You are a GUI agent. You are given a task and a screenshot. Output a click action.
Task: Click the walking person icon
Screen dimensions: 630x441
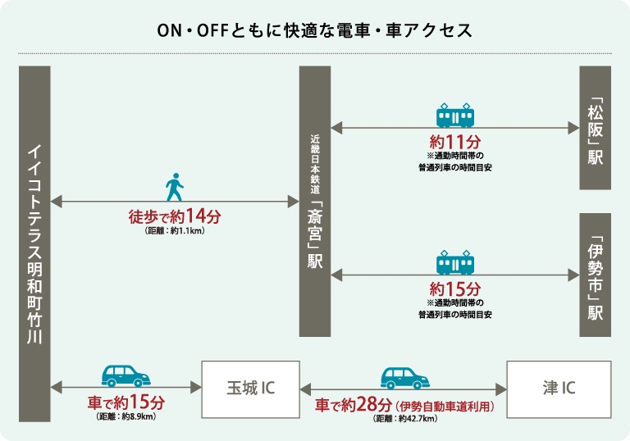tap(175, 187)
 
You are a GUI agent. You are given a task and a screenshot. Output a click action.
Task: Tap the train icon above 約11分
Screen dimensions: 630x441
tap(455, 116)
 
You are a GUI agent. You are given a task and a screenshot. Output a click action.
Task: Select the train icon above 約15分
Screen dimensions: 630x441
tap(455, 262)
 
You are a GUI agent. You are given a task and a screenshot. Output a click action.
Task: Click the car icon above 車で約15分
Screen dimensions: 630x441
tap(126, 376)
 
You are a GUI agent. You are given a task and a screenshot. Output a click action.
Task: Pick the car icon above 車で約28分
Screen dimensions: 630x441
tap(405, 378)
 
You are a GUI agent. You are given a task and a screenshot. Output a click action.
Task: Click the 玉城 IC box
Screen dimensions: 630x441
tap(251, 389)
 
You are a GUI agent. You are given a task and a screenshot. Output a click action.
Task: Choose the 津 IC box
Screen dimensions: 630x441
tap(559, 389)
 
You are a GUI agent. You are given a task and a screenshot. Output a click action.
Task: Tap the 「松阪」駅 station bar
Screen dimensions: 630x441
tap(595, 128)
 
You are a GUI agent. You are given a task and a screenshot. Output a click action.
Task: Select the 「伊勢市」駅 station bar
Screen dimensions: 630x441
tap(595, 275)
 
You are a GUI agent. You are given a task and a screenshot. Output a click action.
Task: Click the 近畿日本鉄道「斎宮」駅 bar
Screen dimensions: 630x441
tap(315, 201)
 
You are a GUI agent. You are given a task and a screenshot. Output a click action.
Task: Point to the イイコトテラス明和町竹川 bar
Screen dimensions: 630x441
tap(34, 243)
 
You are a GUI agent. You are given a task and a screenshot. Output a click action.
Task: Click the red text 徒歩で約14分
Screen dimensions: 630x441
tap(175, 216)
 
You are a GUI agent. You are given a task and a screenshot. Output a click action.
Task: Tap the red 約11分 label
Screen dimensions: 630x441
tap(455, 142)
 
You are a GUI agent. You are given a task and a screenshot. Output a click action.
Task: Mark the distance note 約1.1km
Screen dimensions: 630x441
tap(175, 230)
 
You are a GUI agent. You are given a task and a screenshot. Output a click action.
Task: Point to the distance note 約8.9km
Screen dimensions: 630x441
tap(126, 416)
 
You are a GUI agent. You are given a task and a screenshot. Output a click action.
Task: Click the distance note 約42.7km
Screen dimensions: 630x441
tap(405, 419)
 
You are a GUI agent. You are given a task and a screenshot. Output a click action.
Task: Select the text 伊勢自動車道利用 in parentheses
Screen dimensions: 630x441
tap(445, 406)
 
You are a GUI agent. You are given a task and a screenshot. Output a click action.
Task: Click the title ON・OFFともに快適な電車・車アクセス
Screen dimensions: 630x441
tap(315, 30)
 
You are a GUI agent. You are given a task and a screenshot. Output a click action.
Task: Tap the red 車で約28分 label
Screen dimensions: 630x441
tap(354, 405)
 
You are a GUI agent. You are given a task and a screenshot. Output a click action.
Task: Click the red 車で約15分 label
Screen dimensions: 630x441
tap(126, 402)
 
